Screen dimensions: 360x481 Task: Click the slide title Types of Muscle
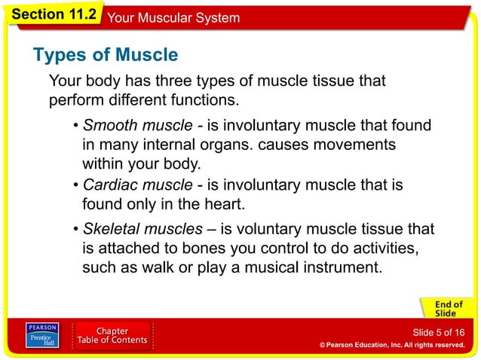[x=106, y=55]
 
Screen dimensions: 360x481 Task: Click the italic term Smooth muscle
[x=137, y=125]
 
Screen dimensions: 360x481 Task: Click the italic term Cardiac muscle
[x=137, y=185]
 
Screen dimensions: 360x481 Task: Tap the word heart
[x=225, y=204]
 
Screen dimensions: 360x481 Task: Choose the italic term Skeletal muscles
[x=142, y=229]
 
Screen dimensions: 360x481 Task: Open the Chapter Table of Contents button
[x=112, y=337]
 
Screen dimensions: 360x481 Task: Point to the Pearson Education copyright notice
[x=391, y=345]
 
